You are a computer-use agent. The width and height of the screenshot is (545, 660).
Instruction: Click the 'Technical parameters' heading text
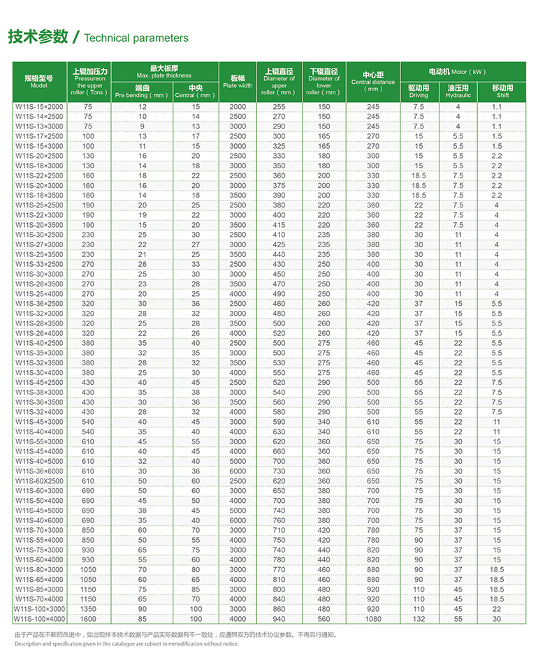click(136, 38)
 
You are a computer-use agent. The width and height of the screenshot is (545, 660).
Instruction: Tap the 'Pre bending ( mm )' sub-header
click(142, 94)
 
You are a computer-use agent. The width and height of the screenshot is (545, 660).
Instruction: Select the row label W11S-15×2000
click(38, 106)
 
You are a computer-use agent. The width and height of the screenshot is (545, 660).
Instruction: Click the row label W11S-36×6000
click(38, 471)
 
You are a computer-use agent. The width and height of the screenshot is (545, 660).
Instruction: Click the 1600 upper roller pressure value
click(88, 619)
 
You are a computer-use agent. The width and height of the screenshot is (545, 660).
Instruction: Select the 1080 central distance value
click(373, 619)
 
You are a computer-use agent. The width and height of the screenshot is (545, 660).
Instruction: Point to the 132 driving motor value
click(419, 619)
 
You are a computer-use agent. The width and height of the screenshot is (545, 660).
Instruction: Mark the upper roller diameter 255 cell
click(279, 106)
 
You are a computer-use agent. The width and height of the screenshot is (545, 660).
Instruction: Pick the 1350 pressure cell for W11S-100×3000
click(88, 609)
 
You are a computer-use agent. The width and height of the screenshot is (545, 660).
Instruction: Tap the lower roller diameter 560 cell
click(324, 619)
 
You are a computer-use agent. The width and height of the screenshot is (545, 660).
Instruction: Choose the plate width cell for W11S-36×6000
click(238, 471)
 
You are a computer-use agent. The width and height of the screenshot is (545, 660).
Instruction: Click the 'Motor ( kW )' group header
click(458, 71)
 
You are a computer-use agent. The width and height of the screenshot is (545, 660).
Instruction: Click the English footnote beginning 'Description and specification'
click(126, 643)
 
